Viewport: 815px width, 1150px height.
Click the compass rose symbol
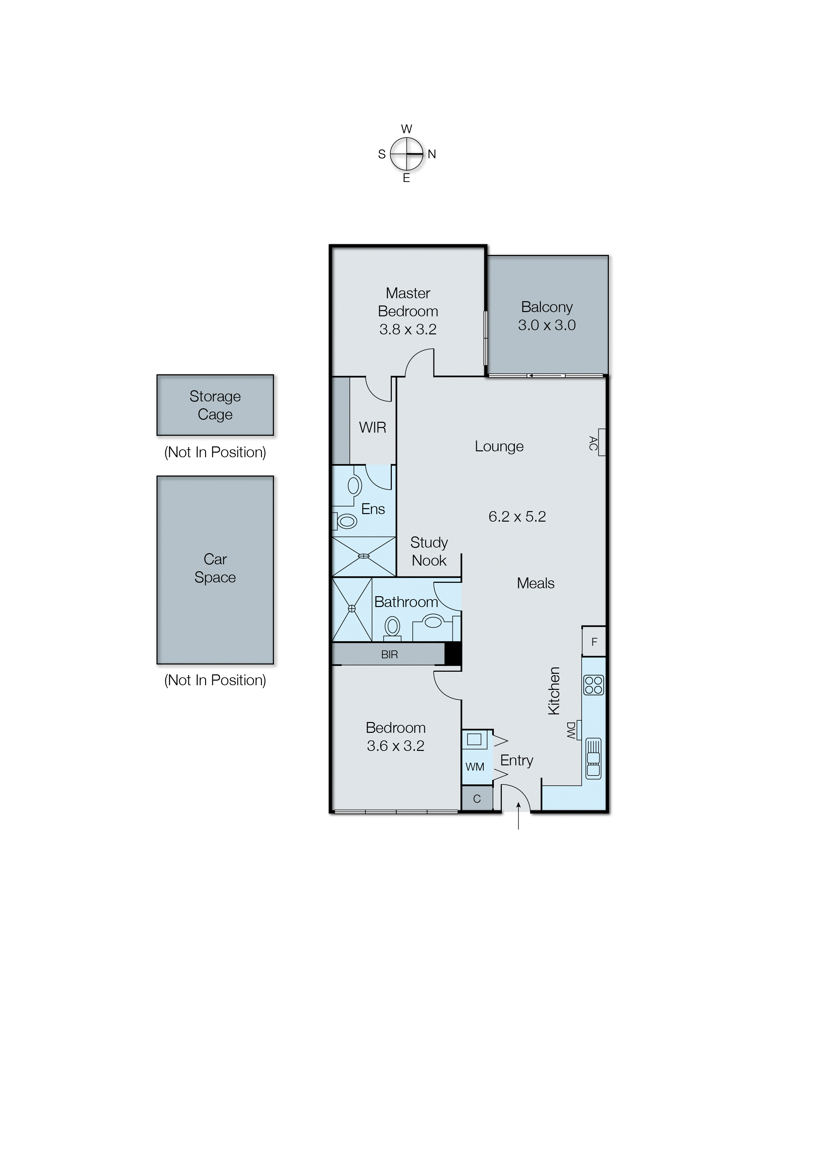click(x=407, y=154)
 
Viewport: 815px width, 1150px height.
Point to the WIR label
click(x=372, y=427)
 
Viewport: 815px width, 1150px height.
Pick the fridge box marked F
click(x=594, y=642)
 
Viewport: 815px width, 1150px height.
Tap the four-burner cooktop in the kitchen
click(x=594, y=685)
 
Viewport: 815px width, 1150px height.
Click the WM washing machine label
click(x=475, y=767)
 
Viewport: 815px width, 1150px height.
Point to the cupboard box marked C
click(x=477, y=799)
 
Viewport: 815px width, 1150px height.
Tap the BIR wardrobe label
click(x=389, y=655)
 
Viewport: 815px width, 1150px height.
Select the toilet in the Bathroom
click(x=392, y=628)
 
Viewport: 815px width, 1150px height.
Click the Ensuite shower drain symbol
click(x=364, y=556)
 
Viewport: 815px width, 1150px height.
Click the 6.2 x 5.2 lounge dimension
click(x=517, y=517)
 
